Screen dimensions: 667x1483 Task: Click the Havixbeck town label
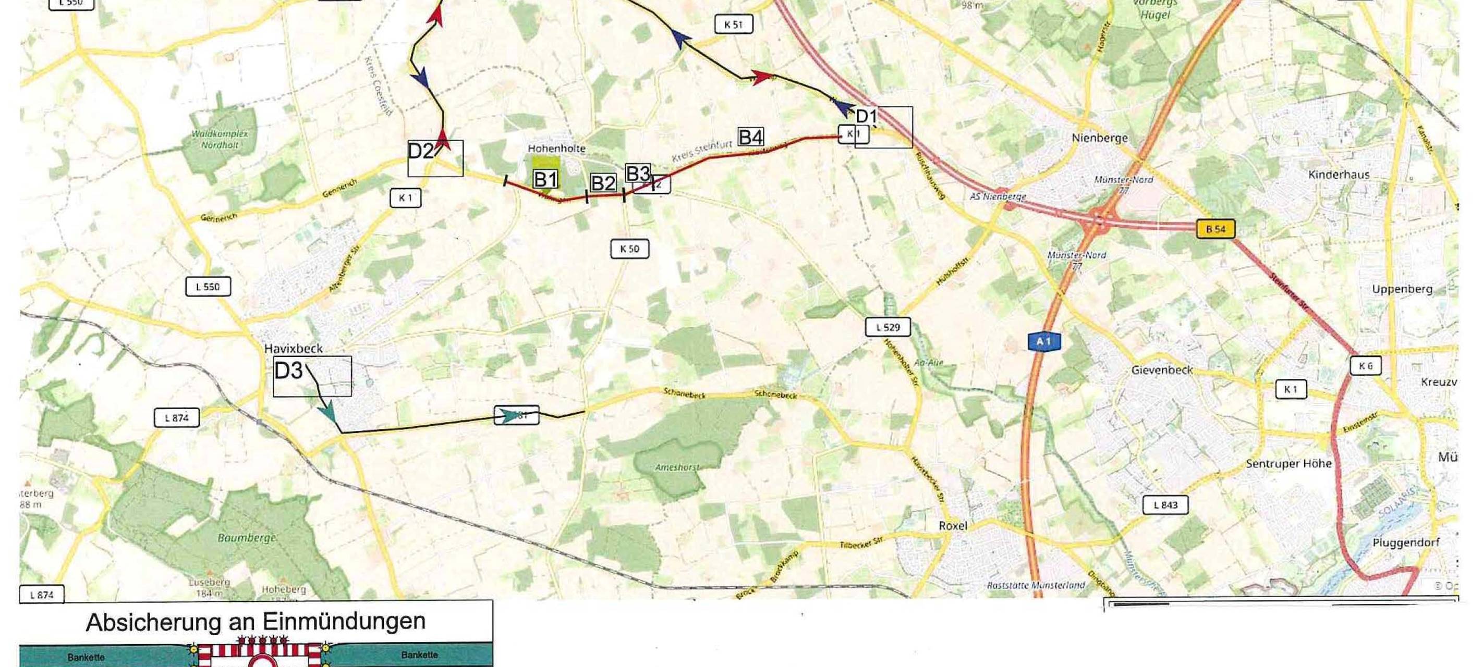point(293,348)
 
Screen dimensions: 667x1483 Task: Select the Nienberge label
point(1099,138)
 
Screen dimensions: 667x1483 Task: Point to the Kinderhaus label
point(1338,175)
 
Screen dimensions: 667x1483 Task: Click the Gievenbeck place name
point(1162,370)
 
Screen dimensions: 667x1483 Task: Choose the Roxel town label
point(953,525)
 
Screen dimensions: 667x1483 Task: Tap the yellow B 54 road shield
point(1215,229)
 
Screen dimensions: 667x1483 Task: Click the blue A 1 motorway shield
point(1043,342)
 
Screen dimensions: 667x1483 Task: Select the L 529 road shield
point(888,327)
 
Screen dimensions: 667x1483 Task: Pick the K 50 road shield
point(629,249)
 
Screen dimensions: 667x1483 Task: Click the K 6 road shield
point(1365,366)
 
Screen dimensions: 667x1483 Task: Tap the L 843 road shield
point(1165,505)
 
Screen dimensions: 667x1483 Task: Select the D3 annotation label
point(288,371)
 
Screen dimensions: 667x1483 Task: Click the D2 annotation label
point(421,151)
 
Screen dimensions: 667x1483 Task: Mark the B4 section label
point(751,138)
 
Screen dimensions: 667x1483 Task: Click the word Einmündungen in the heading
point(344,622)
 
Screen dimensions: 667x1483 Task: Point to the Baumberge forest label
point(247,538)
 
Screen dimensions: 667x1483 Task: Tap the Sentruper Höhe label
point(1288,463)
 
